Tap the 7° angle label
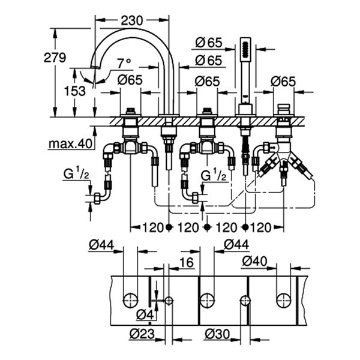pyautogui.click(x=124, y=62)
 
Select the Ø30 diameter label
pyautogui.click(x=216, y=333)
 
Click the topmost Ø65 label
pyautogui.click(x=208, y=41)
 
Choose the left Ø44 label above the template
pyautogui.click(x=101, y=245)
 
